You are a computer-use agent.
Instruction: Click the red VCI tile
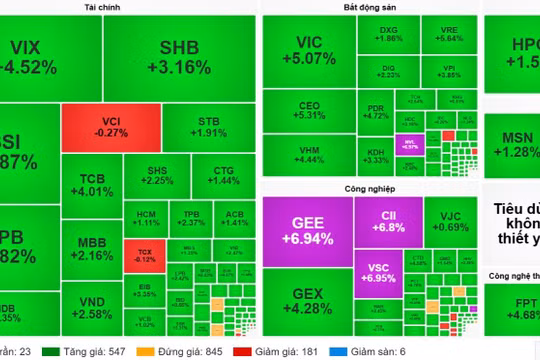tap(97, 127)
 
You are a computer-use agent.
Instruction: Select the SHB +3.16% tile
tap(185, 57)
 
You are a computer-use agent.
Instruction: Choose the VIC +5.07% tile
tap(309, 50)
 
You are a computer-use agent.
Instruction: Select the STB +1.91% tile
tap(210, 127)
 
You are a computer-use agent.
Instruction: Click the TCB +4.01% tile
tap(98, 186)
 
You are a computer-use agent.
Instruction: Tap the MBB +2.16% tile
tap(98, 248)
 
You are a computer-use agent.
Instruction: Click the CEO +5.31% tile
tap(308, 109)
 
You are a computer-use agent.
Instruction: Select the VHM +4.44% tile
tap(308, 153)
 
